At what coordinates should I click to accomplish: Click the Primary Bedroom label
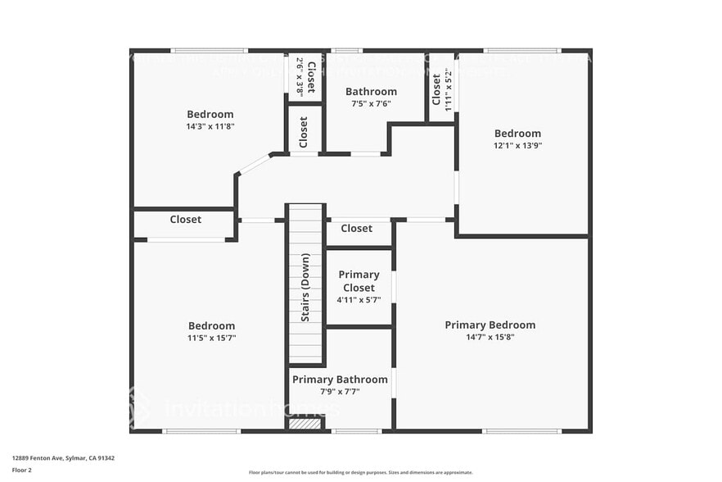click(x=490, y=325)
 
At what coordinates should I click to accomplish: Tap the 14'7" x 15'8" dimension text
click(x=490, y=337)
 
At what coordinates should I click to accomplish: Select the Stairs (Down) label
click(x=305, y=288)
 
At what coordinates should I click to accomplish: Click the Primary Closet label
click(x=359, y=281)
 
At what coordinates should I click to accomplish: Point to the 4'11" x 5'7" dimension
click(x=359, y=300)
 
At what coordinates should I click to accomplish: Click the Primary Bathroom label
click(x=340, y=380)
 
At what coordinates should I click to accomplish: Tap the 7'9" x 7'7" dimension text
click(x=340, y=391)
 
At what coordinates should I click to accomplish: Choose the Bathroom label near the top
click(x=371, y=92)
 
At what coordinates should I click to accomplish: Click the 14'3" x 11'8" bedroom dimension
click(x=210, y=127)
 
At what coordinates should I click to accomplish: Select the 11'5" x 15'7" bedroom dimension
click(x=211, y=338)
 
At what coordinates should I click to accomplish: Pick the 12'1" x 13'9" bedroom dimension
click(x=517, y=145)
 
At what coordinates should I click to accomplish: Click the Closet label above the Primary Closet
click(x=356, y=229)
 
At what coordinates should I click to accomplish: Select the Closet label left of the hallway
click(x=186, y=220)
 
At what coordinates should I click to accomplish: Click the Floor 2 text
click(x=21, y=470)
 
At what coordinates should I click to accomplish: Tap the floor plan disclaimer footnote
click(x=360, y=472)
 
